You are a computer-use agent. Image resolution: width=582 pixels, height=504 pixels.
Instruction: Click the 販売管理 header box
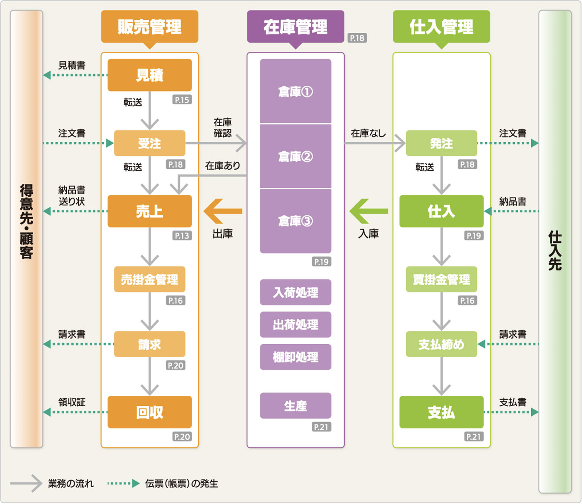coord(150,27)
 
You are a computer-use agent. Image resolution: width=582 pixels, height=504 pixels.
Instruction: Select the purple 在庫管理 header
coord(295,27)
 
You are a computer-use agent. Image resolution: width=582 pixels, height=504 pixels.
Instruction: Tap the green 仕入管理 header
coord(441,27)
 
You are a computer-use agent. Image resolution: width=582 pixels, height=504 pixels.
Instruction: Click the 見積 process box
coord(150,75)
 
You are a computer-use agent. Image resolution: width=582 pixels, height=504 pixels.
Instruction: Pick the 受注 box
coord(150,143)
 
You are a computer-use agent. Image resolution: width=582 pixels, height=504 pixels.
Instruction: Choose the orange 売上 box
coord(150,211)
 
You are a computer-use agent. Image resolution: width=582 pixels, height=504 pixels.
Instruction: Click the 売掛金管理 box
coord(150,279)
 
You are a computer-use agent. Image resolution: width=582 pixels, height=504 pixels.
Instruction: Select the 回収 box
coord(150,412)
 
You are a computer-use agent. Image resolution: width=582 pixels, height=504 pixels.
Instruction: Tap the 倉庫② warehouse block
coord(295,156)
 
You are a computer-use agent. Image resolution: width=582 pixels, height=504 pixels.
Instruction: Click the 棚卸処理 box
coord(295,357)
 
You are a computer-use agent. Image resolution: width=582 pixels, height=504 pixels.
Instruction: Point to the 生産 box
coord(295,405)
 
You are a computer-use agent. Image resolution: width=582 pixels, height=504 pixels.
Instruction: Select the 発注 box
coord(441,143)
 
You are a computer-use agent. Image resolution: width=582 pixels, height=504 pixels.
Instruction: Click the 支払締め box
coord(441,344)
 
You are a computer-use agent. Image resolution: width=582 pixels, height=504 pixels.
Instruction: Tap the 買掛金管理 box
coord(441,279)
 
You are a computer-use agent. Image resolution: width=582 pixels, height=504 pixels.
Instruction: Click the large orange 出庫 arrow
coord(222,211)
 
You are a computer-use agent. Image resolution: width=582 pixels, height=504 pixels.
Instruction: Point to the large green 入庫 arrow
coord(368,211)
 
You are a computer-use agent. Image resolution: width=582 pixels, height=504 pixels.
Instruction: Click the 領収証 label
coord(72,402)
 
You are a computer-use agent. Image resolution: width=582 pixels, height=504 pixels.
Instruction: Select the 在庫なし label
coord(368,133)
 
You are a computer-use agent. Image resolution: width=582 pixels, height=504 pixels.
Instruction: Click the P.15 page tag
coord(182,100)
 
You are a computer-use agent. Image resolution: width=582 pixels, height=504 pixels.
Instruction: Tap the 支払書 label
coord(513,402)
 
